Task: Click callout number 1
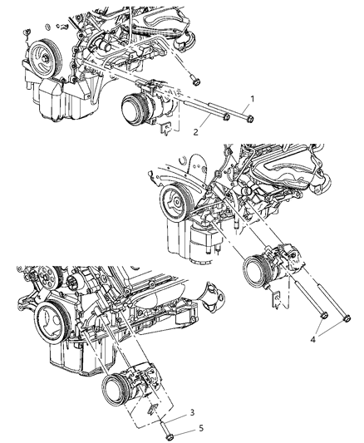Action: pos(252,99)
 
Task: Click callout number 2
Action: pos(195,131)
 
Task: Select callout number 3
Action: pos(192,412)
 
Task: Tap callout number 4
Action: pos(312,339)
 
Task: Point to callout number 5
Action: pos(201,428)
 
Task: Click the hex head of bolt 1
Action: pos(249,120)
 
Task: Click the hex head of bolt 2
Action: pos(225,117)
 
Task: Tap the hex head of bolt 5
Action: pos(169,437)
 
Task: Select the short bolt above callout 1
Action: pos(194,80)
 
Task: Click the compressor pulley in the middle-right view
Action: pos(255,272)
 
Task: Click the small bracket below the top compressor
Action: pos(166,129)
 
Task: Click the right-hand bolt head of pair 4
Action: pos(347,317)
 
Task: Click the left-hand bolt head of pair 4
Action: pos(324,314)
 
